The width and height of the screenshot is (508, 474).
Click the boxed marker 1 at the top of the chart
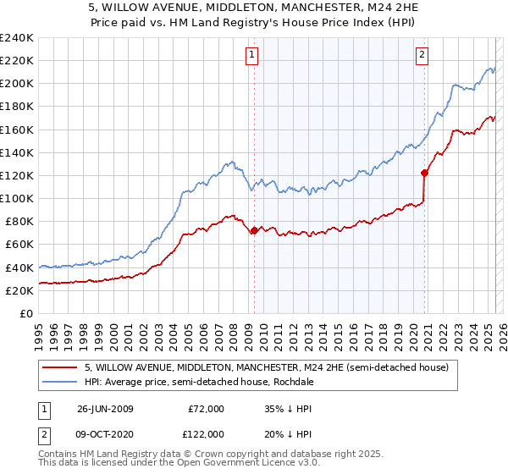tap(253, 56)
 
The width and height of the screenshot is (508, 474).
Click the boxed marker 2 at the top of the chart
tap(422, 56)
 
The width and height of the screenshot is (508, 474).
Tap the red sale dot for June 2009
tap(254, 230)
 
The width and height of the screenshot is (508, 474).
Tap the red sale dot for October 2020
tap(424, 173)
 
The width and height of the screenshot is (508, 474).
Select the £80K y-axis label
tap(19, 221)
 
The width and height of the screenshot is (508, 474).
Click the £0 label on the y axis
tap(26, 313)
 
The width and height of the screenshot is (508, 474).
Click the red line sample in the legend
tap(60, 367)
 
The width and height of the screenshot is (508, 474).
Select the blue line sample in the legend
tap(60, 381)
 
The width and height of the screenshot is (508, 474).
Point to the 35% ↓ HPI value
tap(289, 409)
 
